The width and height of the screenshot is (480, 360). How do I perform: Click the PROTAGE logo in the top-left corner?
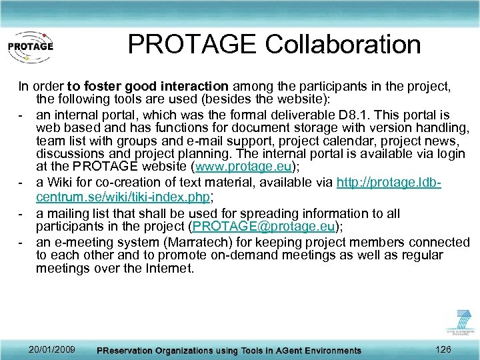pyautogui.click(x=30, y=47)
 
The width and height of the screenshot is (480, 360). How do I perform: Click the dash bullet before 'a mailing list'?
pyautogui.click(x=21, y=213)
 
